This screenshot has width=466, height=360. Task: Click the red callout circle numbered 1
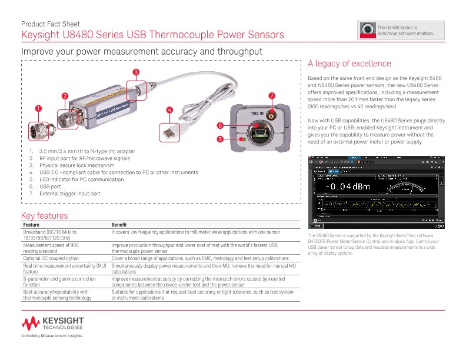click(38, 108)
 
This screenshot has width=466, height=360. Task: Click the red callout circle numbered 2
click(64, 95)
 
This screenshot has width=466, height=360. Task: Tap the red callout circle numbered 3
click(135, 72)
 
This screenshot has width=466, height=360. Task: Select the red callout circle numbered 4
click(169, 110)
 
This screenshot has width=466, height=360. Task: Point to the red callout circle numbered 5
click(219, 139)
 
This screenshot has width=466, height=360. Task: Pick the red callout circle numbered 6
click(219, 125)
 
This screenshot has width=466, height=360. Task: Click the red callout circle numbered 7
click(271, 95)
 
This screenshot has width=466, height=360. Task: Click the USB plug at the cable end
click(168, 132)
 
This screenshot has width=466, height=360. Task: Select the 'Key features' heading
click(45, 216)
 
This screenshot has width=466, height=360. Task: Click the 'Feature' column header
click(32, 225)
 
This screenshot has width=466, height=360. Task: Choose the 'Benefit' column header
click(121, 225)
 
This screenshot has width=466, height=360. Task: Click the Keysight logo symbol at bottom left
click(31, 322)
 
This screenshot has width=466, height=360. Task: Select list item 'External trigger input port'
click(69, 193)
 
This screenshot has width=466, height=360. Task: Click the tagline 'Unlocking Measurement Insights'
click(52, 335)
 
